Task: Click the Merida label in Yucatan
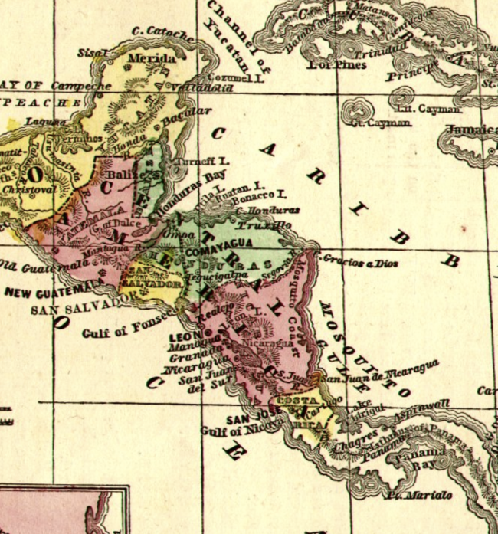[152, 58]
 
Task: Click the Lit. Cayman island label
[440, 109]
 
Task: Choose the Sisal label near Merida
[93, 53]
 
